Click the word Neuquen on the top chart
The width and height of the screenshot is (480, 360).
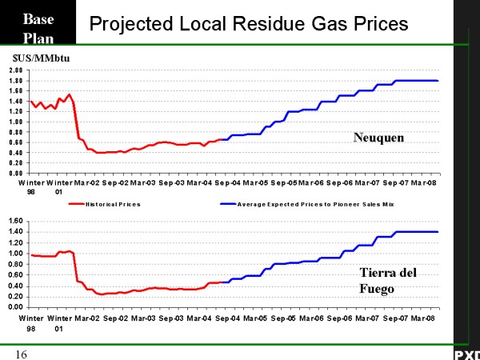[378, 138]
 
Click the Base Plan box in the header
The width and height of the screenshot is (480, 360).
[38, 26]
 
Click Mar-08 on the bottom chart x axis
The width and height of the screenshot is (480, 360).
[423, 318]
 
